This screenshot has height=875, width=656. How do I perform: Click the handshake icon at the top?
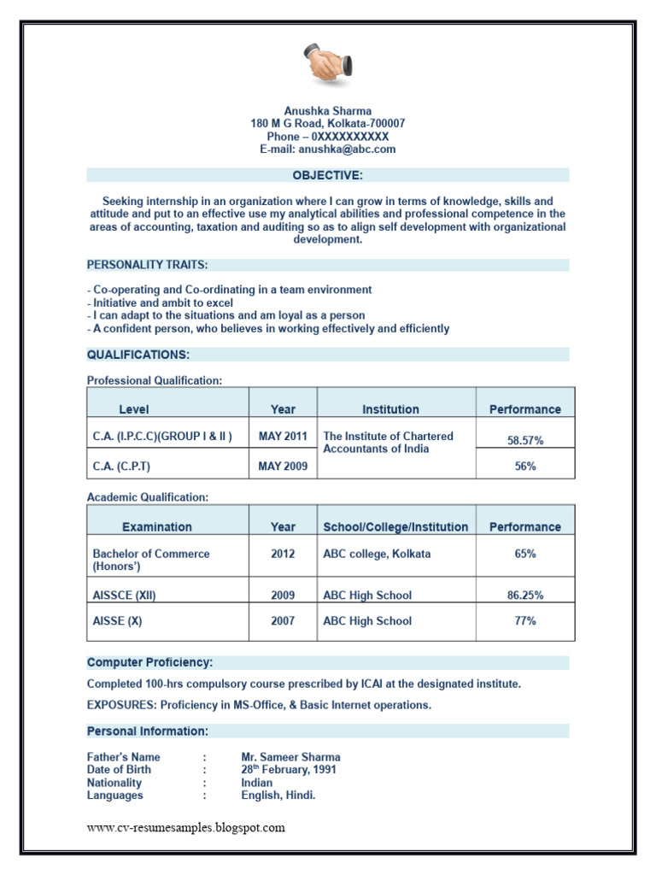(327, 65)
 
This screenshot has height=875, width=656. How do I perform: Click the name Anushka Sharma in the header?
(328, 111)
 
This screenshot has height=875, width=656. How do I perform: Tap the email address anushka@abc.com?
(328, 149)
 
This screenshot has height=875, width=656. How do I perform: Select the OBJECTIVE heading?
(328, 175)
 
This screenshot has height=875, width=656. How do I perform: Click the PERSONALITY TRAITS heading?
(147, 265)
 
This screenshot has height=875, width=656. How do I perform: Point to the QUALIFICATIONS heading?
(138, 354)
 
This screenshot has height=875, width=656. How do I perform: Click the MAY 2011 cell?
(283, 436)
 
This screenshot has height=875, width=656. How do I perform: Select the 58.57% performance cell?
(525, 441)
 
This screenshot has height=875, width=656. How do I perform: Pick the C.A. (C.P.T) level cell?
(127, 467)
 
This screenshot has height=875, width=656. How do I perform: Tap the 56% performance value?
(525, 467)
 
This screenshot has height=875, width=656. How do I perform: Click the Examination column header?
(157, 527)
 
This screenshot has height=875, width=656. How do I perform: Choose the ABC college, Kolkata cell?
(377, 554)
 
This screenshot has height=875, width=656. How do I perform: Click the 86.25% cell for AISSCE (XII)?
(525, 596)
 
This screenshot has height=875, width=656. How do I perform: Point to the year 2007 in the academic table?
(283, 621)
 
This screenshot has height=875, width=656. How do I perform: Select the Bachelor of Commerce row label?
(151, 560)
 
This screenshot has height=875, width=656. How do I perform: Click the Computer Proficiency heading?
(149, 662)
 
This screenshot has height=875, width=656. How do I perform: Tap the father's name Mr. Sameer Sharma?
(290, 757)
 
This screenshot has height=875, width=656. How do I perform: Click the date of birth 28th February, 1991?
(289, 769)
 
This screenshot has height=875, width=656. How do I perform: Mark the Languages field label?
(115, 796)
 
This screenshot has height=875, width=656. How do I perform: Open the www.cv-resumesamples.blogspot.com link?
(186, 827)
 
